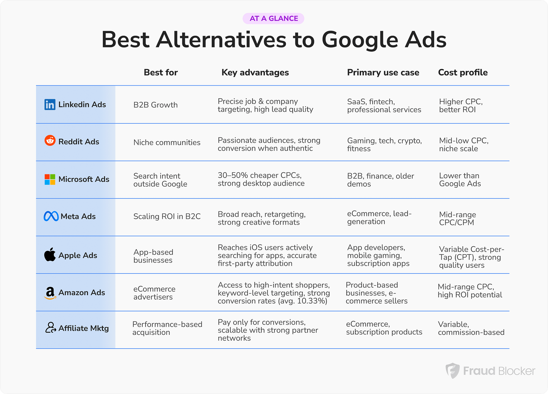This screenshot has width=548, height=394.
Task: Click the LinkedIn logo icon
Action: click(50, 105)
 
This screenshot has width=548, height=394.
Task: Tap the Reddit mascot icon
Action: click(50, 141)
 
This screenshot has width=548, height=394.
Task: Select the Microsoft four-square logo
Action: click(50, 179)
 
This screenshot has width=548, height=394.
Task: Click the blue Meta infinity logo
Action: click(51, 216)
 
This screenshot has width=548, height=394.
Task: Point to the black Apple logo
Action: click(50, 254)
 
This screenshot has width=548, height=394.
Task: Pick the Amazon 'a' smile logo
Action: click(50, 293)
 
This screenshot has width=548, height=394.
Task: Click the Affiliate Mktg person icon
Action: click(51, 327)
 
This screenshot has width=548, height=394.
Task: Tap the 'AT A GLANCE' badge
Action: click(273, 19)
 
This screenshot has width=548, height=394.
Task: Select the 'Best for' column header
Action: click(161, 73)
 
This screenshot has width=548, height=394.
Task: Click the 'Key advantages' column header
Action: click(255, 73)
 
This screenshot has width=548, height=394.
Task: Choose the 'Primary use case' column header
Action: click(383, 73)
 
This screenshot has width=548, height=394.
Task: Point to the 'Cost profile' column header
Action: click(463, 73)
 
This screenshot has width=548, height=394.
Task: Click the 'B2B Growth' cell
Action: click(156, 105)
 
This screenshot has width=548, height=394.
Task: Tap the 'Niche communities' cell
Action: click(167, 142)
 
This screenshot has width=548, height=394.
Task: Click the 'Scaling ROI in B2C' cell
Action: click(167, 216)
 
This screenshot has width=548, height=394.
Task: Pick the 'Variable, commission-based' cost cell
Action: click(471, 328)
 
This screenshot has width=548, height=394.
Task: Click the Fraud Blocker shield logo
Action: click(453, 371)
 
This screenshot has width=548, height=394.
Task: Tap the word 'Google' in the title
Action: click(360, 40)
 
